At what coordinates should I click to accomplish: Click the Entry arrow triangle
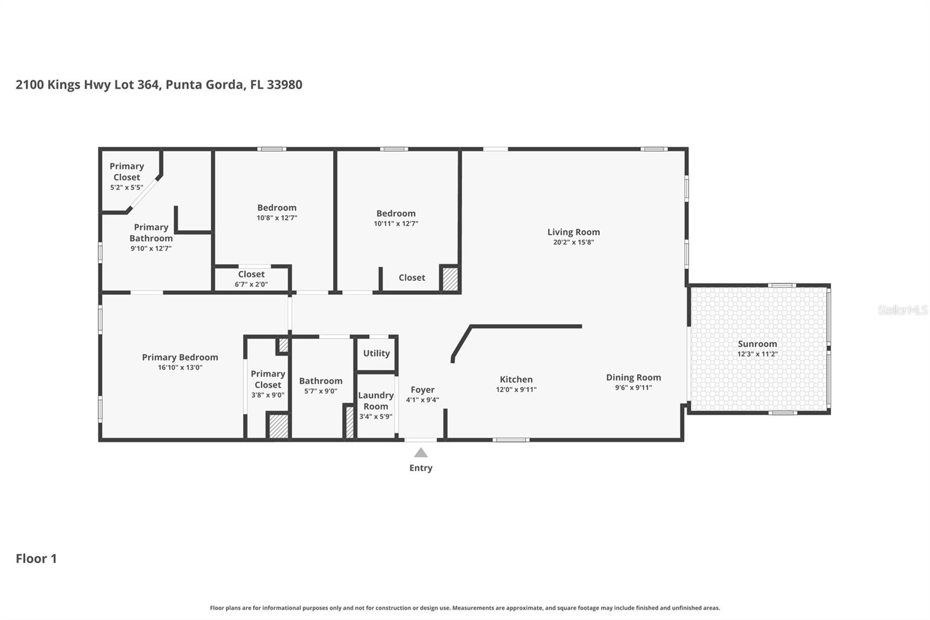[421, 452]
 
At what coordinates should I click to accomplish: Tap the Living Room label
[573, 232]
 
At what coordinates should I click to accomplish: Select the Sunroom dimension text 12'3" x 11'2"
[757, 354]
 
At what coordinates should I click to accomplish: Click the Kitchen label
[516, 379]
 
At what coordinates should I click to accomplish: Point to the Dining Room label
[633, 377]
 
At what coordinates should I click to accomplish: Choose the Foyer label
[422, 390]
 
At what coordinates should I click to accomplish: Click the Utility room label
[376, 353]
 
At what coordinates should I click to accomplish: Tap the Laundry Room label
[375, 401]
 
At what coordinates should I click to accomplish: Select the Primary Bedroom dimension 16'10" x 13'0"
[180, 368]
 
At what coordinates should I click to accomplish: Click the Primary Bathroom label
[151, 233]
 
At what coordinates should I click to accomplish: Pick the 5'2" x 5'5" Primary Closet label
[126, 172]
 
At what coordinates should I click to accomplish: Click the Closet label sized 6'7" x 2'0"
[251, 274]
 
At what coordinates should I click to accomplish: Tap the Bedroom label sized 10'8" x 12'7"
[277, 208]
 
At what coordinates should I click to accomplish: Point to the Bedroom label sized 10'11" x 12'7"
[395, 213]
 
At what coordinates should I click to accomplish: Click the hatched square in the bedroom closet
[450, 279]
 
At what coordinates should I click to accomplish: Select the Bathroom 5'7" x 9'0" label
[320, 381]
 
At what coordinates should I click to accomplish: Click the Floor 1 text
[36, 558]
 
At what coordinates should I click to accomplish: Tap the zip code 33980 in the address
[284, 84]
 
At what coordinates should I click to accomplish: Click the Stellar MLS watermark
[902, 310]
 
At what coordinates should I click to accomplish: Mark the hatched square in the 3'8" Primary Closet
[278, 426]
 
